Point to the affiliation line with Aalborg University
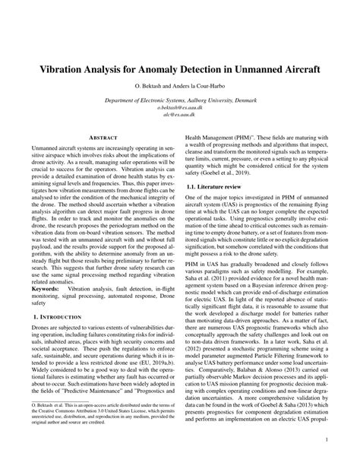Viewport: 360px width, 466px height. [x=180, y=100]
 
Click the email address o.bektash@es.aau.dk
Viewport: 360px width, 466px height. [x=180, y=108]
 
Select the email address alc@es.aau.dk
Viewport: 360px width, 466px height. [x=180, y=116]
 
